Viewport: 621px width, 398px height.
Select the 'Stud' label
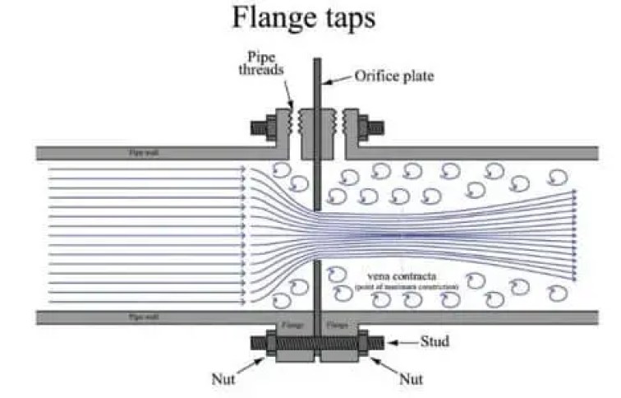click(435, 341)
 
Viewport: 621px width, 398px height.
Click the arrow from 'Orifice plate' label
click(338, 80)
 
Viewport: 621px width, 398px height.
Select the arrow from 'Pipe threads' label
click(289, 93)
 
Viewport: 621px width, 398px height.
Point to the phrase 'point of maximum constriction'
click(407, 286)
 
